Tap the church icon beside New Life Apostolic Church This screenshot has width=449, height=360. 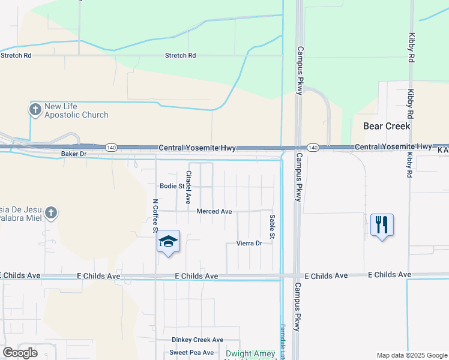[35, 110]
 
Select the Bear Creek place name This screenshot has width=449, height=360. [387, 126]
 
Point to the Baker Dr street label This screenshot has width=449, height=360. [74, 154]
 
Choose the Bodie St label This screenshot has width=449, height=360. [172, 186]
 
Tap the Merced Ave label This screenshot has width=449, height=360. [214, 211]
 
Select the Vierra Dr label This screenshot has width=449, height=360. [249, 243]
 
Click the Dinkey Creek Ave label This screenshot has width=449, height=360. [197, 340]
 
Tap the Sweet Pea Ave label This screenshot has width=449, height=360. [191, 352]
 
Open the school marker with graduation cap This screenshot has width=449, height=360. [169, 242]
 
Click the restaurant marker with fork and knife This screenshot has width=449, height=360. [382, 225]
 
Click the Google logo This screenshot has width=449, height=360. [20, 353]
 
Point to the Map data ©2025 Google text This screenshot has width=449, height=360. [411, 355]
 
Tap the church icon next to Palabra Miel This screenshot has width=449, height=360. [51, 212]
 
